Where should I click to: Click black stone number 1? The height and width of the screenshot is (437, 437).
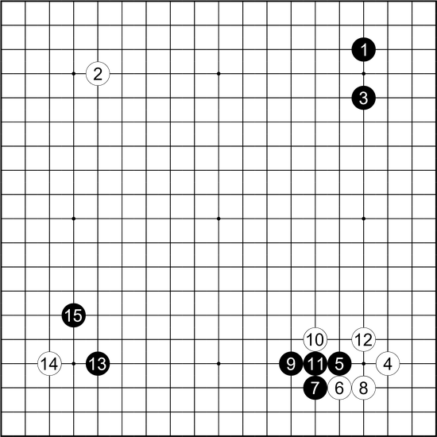pyautogui.click(x=363, y=49)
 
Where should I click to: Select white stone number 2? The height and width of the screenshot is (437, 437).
pyautogui.click(x=98, y=74)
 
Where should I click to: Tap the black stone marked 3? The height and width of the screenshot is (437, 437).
pyautogui.click(x=363, y=98)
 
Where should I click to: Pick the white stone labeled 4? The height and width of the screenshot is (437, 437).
pyautogui.click(x=388, y=363)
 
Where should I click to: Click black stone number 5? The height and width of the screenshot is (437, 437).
pyautogui.click(x=339, y=363)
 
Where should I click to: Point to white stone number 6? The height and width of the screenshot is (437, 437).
pyautogui.click(x=339, y=388)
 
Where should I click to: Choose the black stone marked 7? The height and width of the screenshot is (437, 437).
pyautogui.click(x=315, y=388)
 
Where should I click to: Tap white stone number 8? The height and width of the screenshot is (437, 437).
pyautogui.click(x=363, y=388)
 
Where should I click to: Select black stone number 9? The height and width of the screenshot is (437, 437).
pyautogui.click(x=291, y=363)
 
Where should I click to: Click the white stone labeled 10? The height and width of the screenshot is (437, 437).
pyautogui.click(x=315, y=339)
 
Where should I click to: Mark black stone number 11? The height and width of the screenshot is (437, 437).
pyautogui.click(x=315, y=363)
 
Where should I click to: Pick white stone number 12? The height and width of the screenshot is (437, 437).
pyautogui.click(x=363, y=339)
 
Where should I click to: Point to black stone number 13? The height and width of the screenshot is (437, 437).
pyautogui.click(x=98, y=363)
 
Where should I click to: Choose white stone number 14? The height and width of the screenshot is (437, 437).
pyautogui.click(x=49, y=363)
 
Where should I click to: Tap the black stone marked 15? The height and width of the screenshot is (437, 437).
pyautogui.click(x=74, y=315)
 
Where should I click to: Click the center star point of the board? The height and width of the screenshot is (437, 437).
pyautogui.click(x=218, y=218)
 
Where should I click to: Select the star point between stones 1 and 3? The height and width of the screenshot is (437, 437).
pyautogui.click(x=363, y=74)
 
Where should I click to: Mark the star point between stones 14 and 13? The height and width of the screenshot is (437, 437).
pyautogui.click(x=74, y=363)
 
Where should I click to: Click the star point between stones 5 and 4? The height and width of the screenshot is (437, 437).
pyautogui.click(x=363, y=363)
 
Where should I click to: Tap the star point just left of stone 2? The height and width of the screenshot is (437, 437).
pyautogui.click(x=74, y=74)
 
